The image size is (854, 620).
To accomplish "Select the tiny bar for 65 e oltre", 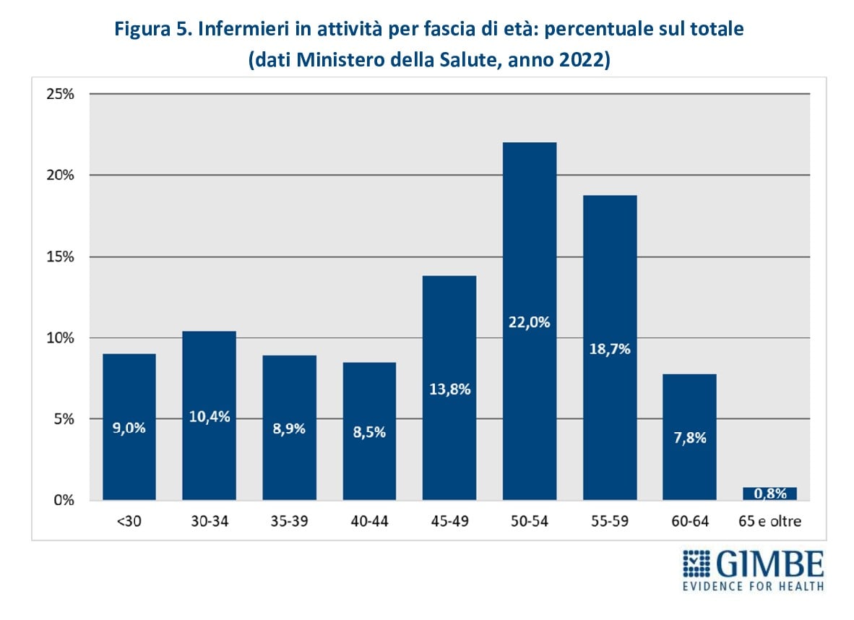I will tap(769, 494).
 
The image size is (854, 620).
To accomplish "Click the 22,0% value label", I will tap(530, 322).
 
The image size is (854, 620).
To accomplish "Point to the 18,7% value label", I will tap(610, 349).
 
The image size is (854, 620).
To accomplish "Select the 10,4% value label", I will tap(210, 416).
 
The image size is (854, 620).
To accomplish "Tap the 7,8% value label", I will tap(690, 437).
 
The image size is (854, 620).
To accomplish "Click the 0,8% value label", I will tap(769, 494).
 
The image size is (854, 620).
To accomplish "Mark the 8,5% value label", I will tap(369, 432).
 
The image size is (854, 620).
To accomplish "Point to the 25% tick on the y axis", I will tap(61, 94).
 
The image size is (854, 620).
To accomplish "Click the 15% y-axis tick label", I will tap(61, 257).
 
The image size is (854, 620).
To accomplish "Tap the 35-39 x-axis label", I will tap(289, 521).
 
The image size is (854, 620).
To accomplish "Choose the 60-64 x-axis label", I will tap(690, 521).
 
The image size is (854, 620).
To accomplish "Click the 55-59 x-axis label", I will tap(610, 521).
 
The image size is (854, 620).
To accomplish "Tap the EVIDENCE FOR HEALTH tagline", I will tap(753, 586).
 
